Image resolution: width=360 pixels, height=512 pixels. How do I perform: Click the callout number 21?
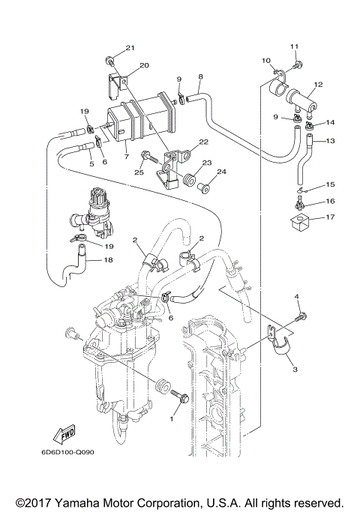pyautogui.click(x=130, y=49)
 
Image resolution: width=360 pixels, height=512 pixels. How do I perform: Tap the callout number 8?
pyautogui.click(x=200, y=76)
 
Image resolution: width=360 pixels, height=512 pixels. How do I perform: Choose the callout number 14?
pyautogui.click(x=330, y=122)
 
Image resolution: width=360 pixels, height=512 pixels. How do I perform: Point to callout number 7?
pyautogui.click(x=126, y=157)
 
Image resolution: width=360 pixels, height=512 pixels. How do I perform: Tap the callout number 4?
pyautogui.click(x=297, y=298)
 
